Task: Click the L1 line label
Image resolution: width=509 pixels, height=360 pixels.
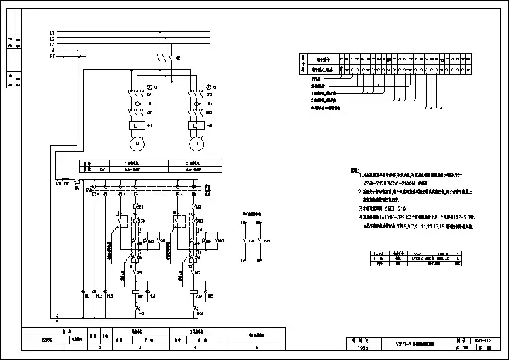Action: tap(52, 33)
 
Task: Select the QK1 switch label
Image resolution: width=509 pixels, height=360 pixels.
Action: tap(179, 59)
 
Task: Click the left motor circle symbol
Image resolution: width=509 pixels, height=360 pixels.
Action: tap(137, 144)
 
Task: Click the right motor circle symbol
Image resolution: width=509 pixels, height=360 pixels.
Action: tap(198, 144)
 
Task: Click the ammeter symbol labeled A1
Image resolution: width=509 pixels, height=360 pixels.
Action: tap(150, 88)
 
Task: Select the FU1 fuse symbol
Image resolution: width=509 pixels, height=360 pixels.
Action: tap(65, 183)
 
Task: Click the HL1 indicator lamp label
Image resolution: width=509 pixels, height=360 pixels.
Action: tap(88, 296)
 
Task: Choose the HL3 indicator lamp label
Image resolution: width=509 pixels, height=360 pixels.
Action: tap(110, 296)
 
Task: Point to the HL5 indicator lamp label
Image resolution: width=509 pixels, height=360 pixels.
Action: tap(211, 296)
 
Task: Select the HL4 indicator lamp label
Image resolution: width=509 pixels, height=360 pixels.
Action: tap(152, 296)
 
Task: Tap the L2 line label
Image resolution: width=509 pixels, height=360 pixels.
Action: tap(52, 39)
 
